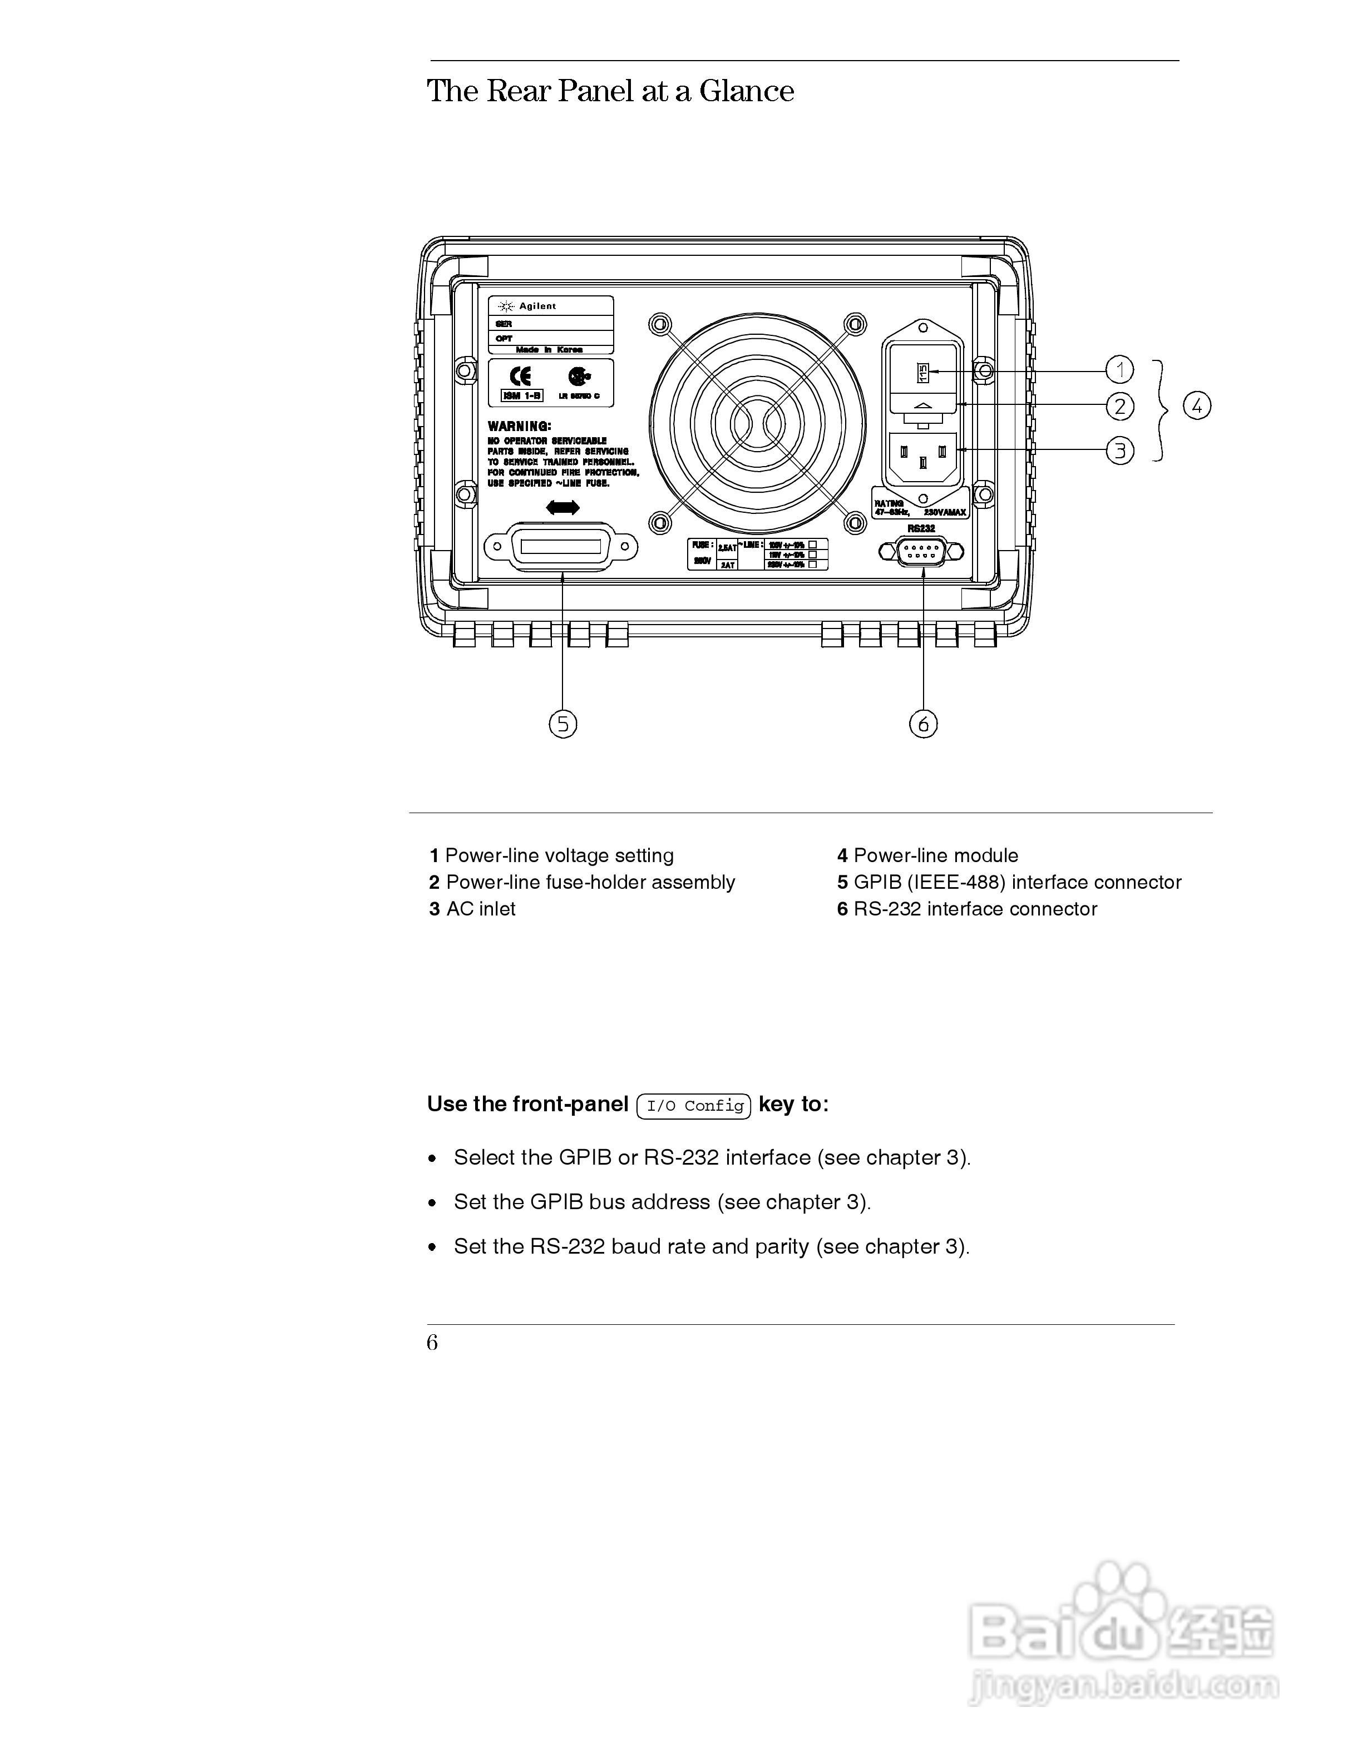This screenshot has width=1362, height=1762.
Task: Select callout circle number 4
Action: click(1197, 406)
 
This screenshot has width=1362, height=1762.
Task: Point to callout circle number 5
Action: click(563, 724)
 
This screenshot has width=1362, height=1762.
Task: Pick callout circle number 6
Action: click(923, 724)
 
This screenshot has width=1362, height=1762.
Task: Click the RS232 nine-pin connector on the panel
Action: click(921, 552)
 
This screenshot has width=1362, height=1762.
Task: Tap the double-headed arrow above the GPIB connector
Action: click(562, 507)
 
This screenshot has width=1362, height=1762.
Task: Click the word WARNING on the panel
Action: click(520, 426)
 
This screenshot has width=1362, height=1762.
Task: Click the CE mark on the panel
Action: click(520, 376)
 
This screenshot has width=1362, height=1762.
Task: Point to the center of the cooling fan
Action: click(757, 423)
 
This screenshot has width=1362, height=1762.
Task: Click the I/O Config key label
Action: click(694, 1105)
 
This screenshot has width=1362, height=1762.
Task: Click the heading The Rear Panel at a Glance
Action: click(610, 91)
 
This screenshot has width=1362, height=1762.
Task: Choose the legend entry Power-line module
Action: click(935, 855)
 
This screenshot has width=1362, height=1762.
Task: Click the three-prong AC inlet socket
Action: click(923, 457)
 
